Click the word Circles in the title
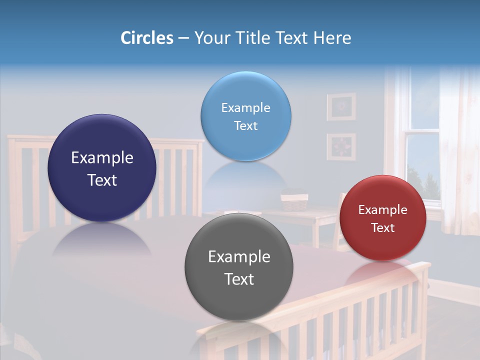146,38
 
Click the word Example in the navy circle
102,158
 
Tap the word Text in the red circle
383,228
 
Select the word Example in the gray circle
239,257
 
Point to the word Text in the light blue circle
245,126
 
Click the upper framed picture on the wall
341,106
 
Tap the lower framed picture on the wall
341,146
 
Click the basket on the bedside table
294,201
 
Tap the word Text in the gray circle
239,279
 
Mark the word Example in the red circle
383,210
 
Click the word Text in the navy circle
102,180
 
